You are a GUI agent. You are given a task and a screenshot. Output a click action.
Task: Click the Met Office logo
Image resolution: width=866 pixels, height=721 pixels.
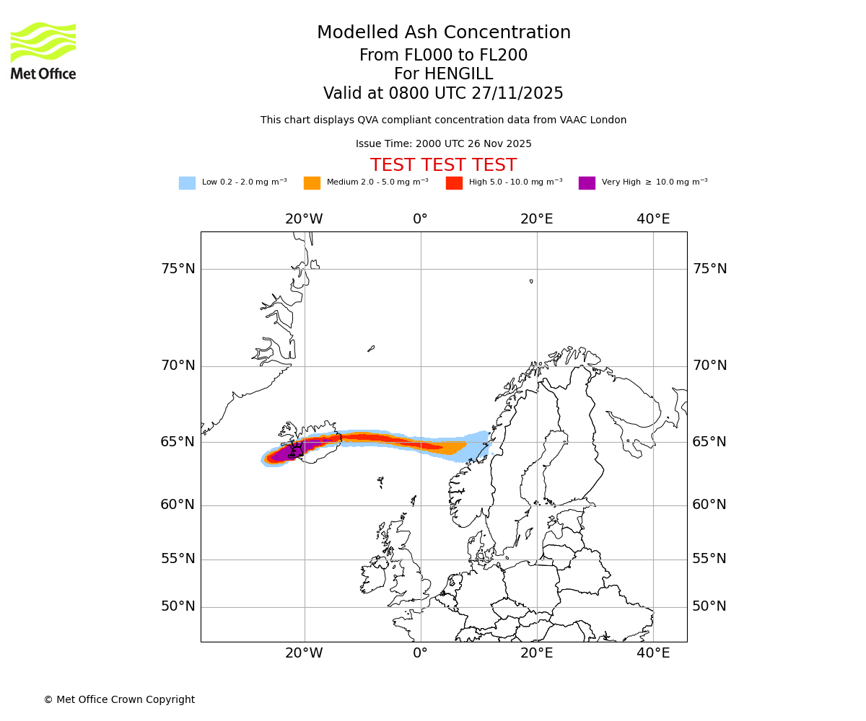43,50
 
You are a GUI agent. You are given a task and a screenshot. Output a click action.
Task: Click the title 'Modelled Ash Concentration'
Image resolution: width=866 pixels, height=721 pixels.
443,33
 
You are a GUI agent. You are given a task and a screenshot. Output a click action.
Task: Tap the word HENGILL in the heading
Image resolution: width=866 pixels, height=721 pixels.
459,74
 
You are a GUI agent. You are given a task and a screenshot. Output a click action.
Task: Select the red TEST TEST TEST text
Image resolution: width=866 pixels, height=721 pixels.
443,166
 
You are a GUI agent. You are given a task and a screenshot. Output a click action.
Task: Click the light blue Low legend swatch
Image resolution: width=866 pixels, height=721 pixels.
187,183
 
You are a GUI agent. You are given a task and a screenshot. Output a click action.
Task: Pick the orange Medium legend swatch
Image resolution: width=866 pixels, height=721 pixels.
312,183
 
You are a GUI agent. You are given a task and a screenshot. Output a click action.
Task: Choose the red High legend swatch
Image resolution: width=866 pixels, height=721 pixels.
454,183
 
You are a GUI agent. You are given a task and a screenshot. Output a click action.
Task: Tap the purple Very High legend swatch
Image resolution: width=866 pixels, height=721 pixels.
587,183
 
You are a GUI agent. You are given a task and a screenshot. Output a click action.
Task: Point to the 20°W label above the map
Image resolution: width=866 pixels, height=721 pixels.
304,219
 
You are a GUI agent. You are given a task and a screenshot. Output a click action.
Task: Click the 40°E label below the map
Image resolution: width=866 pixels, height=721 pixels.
653,653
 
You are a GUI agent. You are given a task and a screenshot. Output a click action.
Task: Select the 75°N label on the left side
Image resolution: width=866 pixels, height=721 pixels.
178,269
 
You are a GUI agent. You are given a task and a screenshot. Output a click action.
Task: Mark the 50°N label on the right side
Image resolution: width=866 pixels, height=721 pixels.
709,606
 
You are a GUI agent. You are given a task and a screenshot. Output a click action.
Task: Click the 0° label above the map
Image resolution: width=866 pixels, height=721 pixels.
420,219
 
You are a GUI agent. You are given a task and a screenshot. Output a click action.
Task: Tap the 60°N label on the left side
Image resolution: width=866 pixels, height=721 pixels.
178,505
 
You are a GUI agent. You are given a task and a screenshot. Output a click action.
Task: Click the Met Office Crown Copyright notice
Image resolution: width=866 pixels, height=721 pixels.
119,700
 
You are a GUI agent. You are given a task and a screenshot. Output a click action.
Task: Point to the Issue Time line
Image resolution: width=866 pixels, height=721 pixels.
443,144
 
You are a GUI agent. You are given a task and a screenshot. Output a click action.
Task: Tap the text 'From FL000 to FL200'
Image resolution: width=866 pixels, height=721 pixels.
443,56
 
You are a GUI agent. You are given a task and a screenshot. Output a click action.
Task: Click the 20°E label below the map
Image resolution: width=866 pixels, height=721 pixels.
536,653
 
